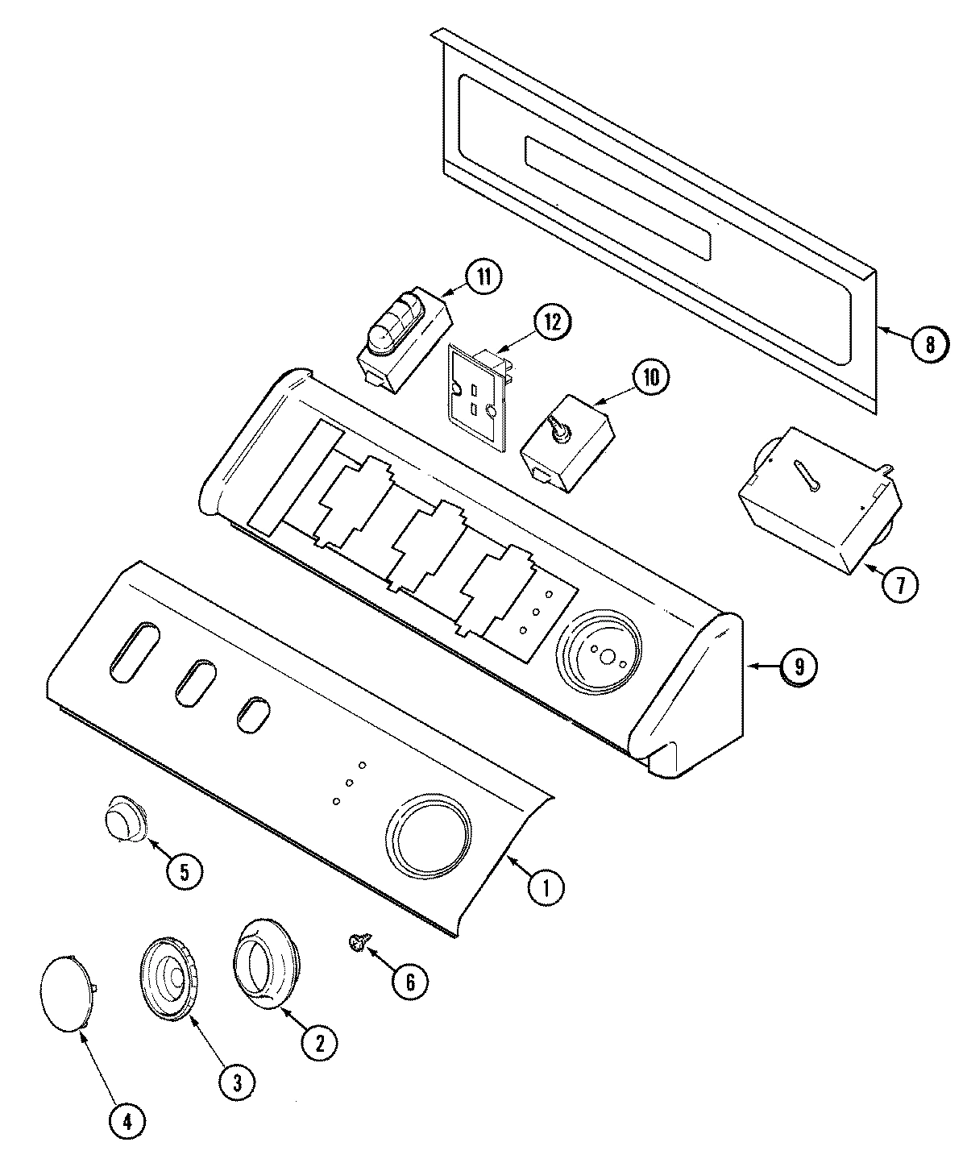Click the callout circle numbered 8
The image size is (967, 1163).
pos(929,345)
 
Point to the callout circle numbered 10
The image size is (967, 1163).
pos(650,377)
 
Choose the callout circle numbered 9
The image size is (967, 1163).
pos(798,666)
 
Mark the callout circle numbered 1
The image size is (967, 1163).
pos(546,887)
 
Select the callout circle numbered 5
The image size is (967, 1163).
pos(185,872)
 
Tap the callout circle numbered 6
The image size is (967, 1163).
pos(409,981)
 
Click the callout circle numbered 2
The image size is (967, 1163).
pos(319,1044)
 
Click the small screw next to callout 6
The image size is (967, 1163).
pos(356,941)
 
